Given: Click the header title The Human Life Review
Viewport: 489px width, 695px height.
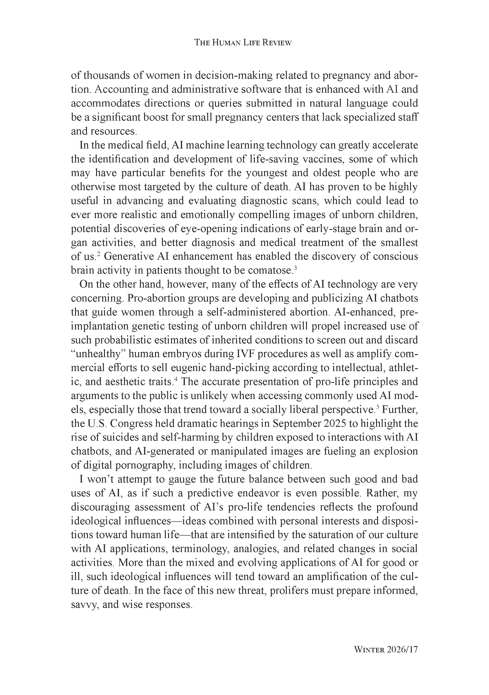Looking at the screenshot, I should pos(242,43).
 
